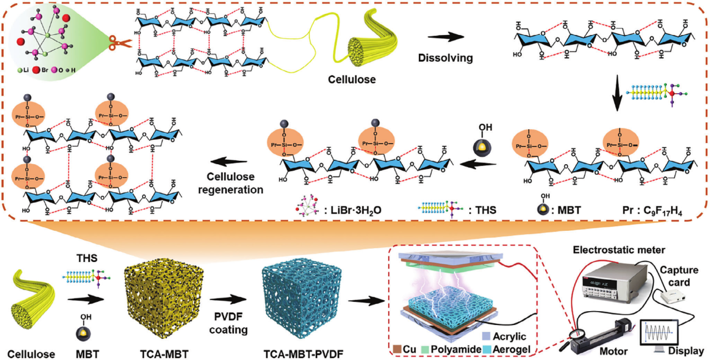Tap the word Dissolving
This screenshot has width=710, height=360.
coord(447,57)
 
